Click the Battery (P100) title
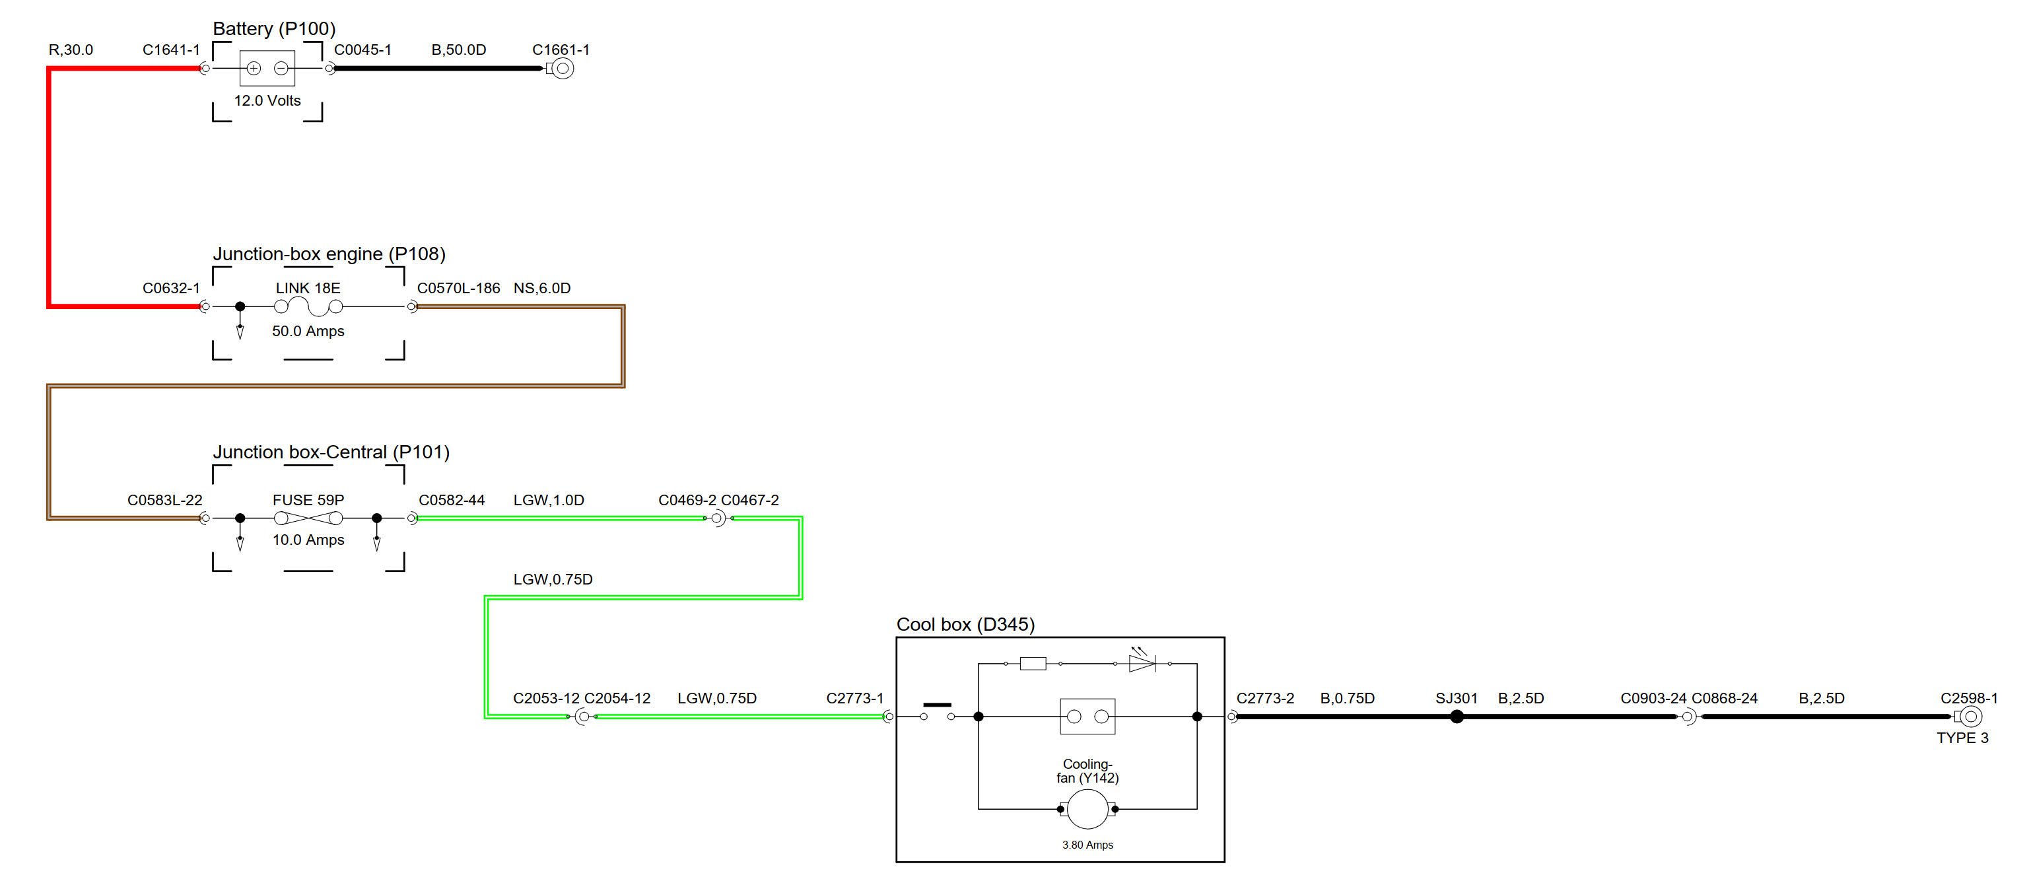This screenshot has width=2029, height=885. click(274, 29)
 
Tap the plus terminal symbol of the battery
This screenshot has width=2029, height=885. click(254, 69)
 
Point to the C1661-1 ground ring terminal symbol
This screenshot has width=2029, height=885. click(562, 69)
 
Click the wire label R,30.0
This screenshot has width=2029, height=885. click(71, 50)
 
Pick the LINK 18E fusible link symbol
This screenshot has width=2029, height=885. click(308, 306)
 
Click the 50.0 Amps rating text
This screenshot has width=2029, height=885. click(308, 332)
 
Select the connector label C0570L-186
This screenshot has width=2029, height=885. click(458, 289)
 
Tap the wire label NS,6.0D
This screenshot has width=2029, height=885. click(542, 289)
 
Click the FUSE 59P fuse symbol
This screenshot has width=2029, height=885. click(308, 518)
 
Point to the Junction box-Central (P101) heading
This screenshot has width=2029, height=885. click(331, 452)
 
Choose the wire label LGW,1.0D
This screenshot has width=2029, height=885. click(548, 501)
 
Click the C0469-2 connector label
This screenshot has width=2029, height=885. click(687, 501)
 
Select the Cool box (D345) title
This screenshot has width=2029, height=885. click(965, 625)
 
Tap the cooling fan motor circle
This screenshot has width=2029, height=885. click(1087, 809)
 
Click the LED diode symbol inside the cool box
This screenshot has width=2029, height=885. click(1142, 664)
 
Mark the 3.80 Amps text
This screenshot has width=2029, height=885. click(1087, 845)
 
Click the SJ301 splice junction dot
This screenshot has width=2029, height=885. click(1457, 717)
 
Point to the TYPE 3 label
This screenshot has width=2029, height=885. click(1962, 738)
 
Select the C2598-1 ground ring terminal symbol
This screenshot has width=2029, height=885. click(1971, 717)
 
